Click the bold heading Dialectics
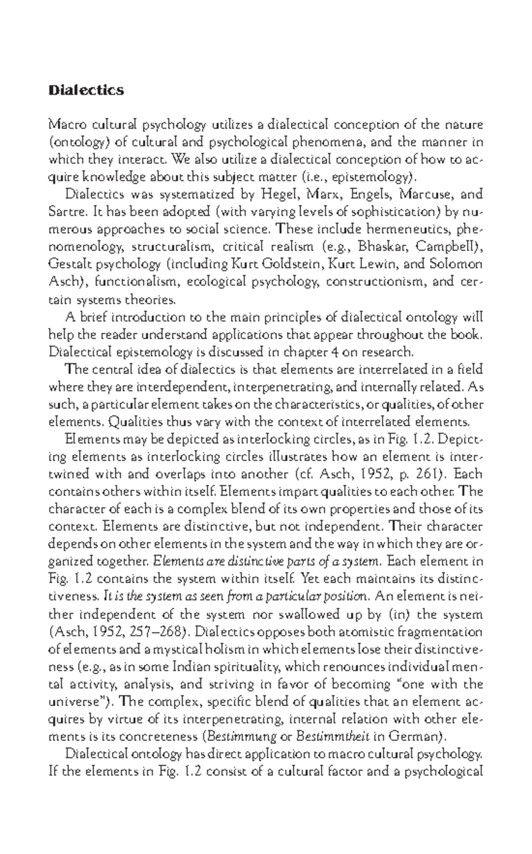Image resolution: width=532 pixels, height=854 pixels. point(86,90)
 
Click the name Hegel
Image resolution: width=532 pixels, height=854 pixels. point(277,195)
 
